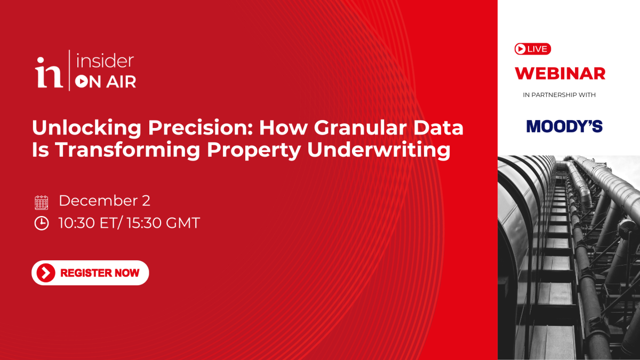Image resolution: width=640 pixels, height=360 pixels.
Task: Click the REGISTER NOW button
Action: [90, 273]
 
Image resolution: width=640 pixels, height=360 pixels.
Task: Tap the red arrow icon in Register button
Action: [46, 273]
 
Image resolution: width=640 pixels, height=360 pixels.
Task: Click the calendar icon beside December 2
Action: [41, 202]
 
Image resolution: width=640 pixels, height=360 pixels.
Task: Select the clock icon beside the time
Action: [41, 223]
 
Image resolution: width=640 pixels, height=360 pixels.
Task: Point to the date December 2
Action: [105, 201]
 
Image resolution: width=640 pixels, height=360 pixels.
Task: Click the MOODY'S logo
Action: [564, 126]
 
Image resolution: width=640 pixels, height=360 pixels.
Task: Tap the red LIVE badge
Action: [532, 49]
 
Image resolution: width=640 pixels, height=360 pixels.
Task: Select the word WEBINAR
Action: [560, 73]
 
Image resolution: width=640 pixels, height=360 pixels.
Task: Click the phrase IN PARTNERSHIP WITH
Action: [559, 95]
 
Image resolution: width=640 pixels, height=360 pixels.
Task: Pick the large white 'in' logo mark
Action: [49, 73]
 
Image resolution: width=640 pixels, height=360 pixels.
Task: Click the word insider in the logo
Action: [105, 61]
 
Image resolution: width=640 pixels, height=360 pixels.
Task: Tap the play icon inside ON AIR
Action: [81, 82]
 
